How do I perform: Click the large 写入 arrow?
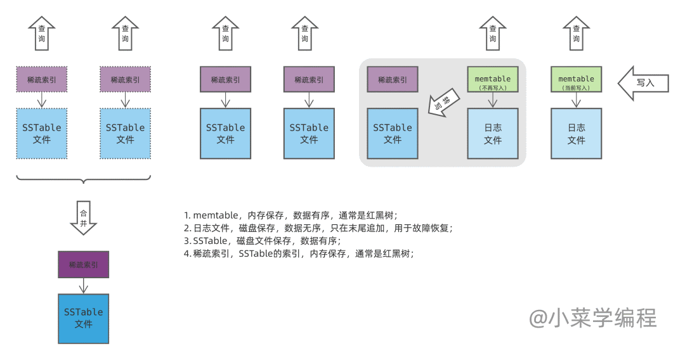643,83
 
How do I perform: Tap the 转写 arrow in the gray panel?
444,103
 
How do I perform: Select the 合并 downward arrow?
84,218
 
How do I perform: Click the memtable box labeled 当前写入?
576,79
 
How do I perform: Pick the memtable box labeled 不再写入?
493,79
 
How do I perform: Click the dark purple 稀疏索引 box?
84,264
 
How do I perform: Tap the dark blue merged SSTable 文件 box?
84,319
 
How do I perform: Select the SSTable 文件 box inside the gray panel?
393,134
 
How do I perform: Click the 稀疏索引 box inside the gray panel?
393,79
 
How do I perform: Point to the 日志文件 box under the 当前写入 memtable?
576,134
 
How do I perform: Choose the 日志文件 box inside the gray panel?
493,134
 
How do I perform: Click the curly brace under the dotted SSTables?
84,179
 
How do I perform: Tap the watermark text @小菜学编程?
593,318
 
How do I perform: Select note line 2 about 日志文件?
318,228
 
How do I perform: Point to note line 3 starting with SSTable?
262,241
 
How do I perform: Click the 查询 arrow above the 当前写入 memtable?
576,33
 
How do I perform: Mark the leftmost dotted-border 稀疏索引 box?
41,79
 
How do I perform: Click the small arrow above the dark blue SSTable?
84,286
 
